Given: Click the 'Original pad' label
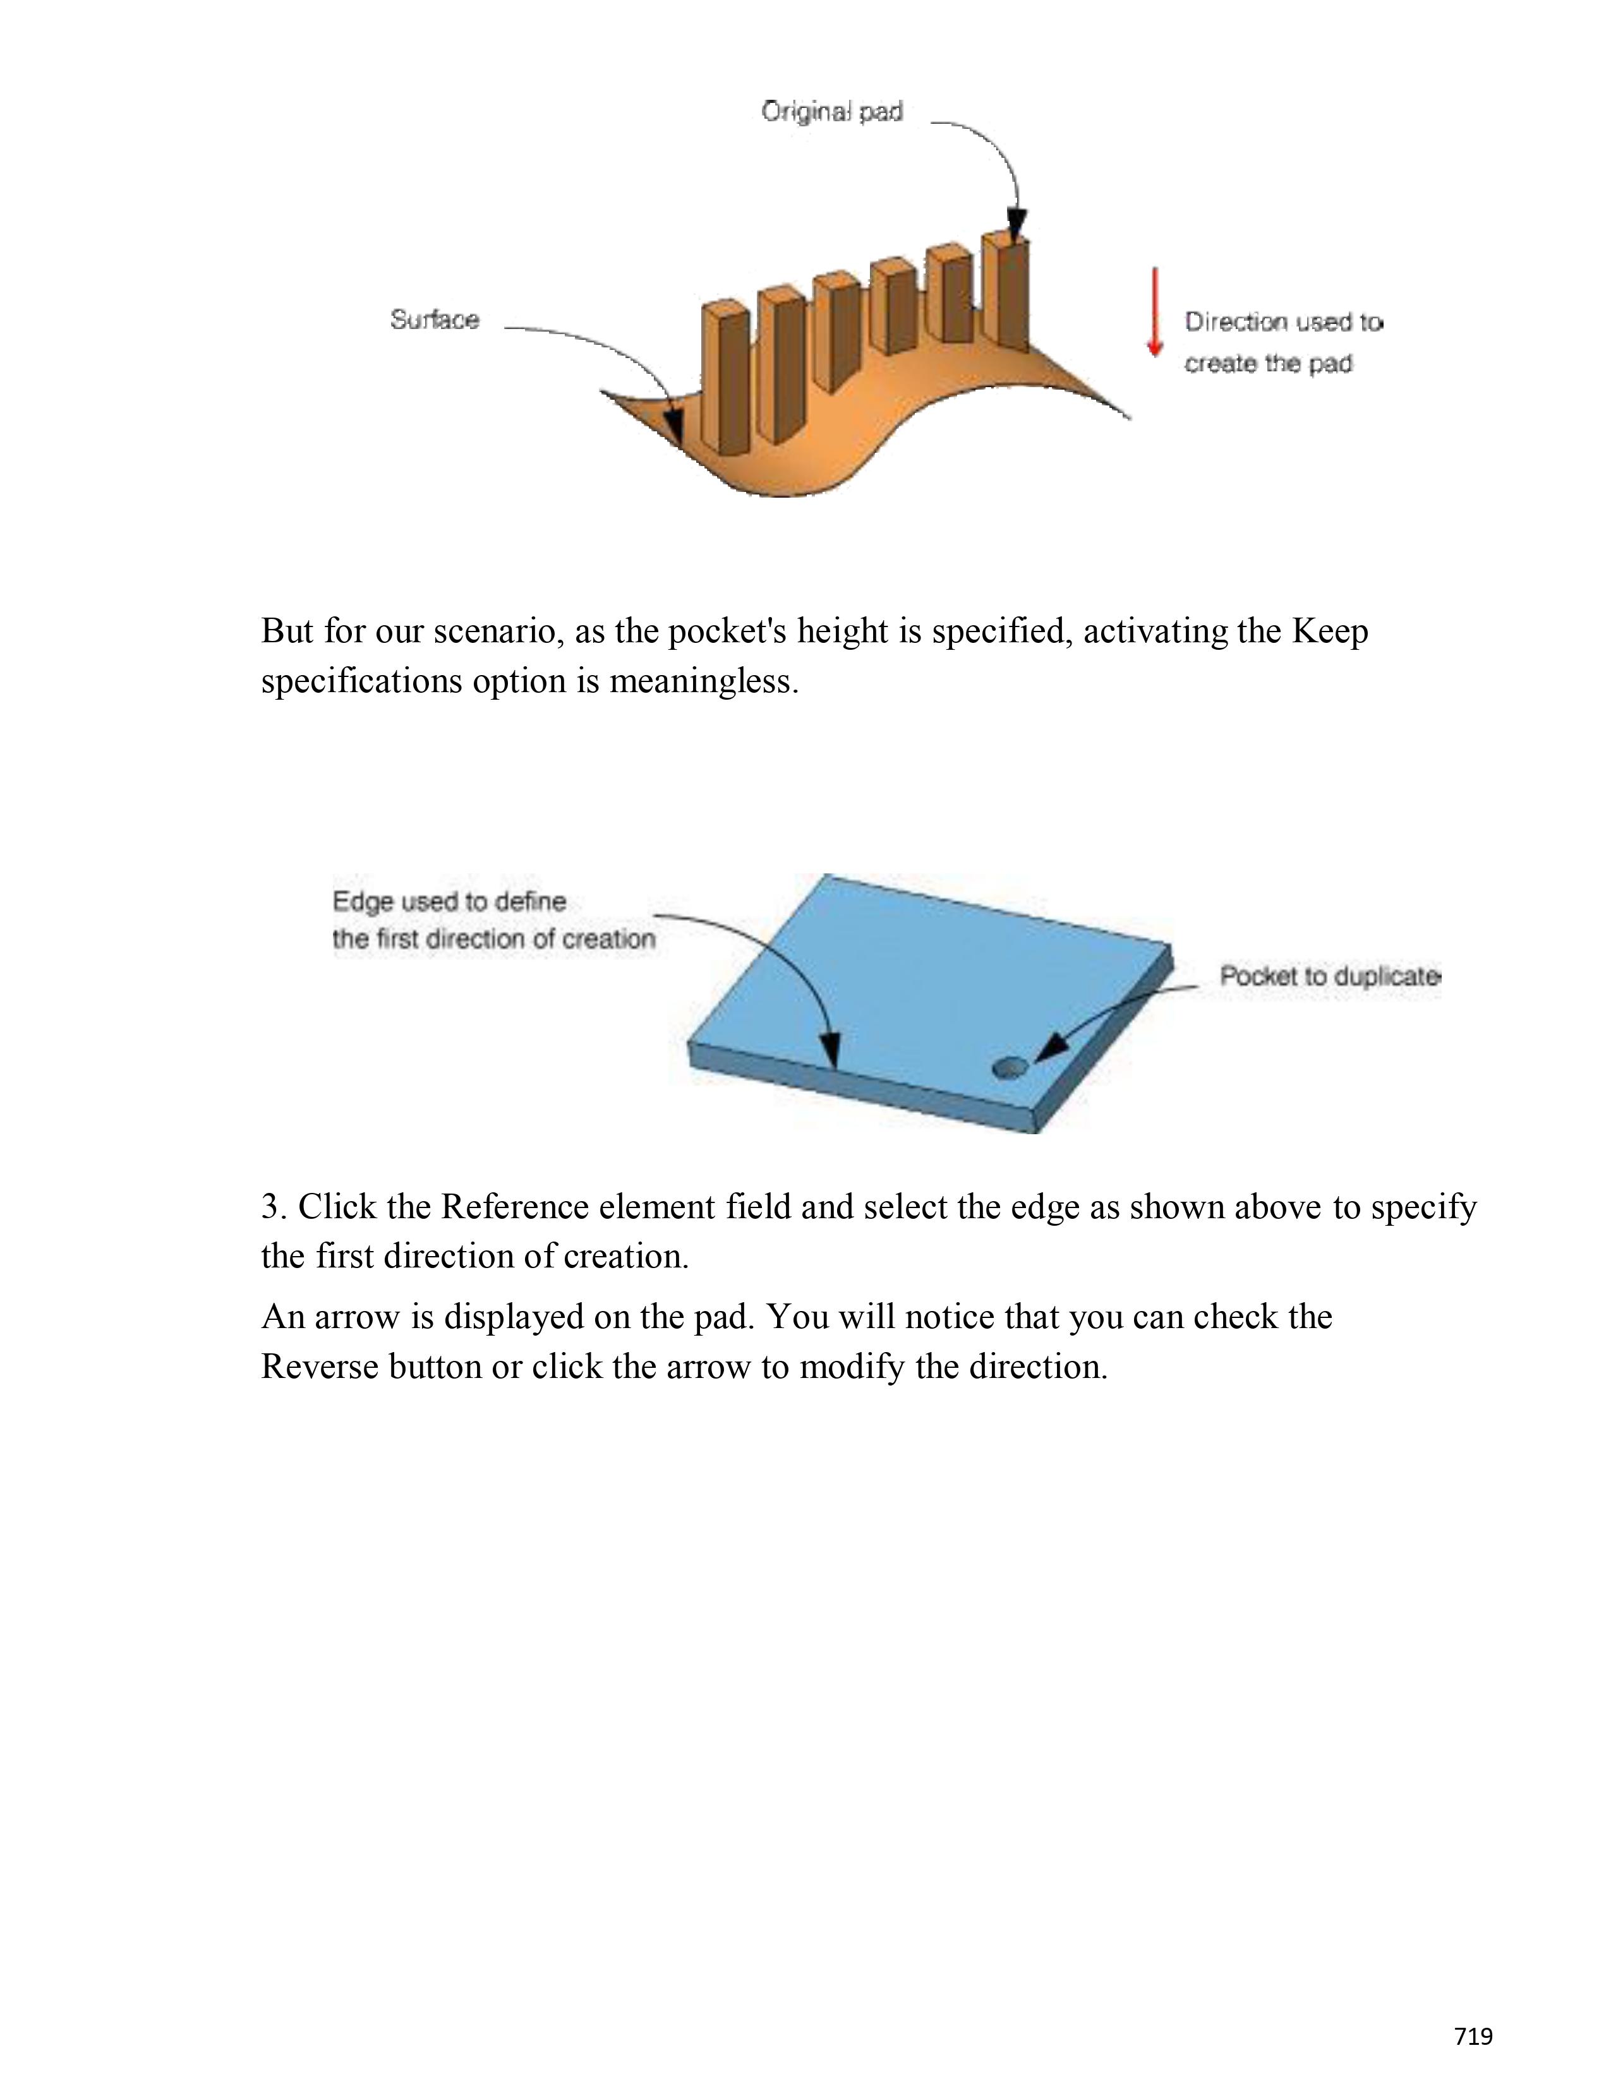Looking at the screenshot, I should point(831,112).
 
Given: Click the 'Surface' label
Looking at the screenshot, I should point(434,320).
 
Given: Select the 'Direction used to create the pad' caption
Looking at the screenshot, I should point(1282,342).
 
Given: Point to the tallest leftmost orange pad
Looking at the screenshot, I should point(725,378).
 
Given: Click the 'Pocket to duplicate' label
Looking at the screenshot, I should point(1329,976).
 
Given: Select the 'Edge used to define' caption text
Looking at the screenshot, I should point(449,902).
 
